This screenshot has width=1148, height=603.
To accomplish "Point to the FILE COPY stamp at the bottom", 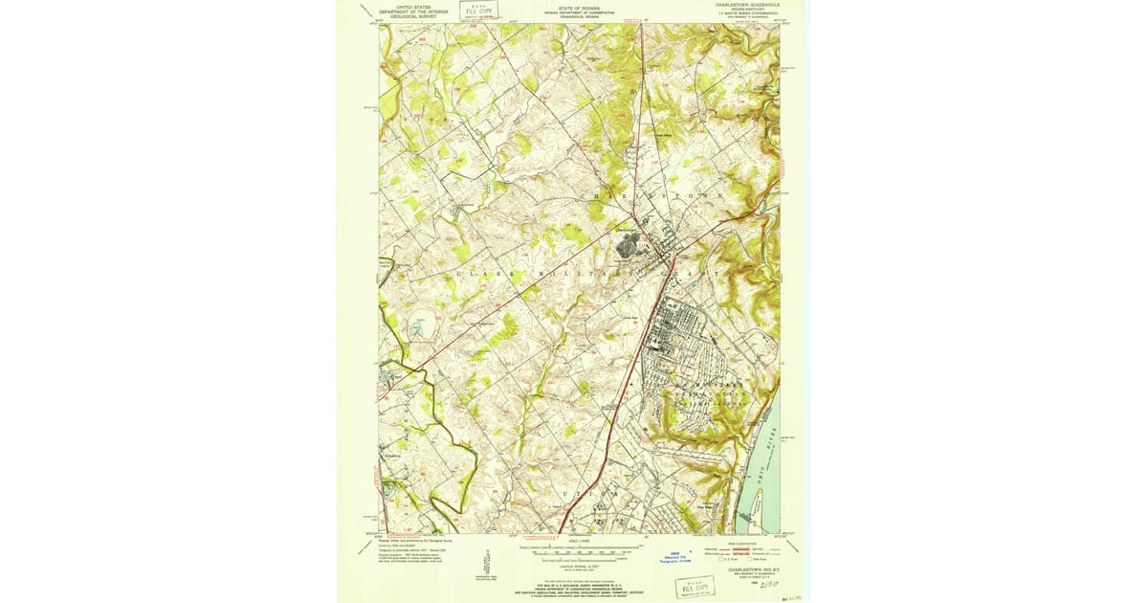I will pyautogui.click(x=695, y=586).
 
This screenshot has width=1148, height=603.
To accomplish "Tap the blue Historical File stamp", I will pyautogui.click(x=678, y=558).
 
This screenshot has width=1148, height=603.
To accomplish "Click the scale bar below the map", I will pyautogui.click(x=575, y=551).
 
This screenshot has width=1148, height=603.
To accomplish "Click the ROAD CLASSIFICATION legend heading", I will pyautogui.click(x=747, y=541).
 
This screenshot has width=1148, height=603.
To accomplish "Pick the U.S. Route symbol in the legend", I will pyautogui.click(x=723, y=558).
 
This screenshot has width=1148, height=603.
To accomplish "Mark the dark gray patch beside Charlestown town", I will pyautogui.click(x=628, y=245).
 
